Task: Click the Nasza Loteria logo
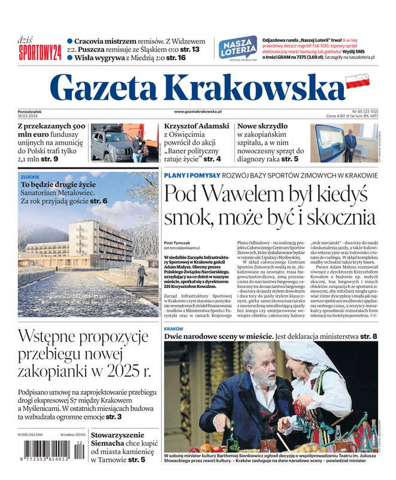238,48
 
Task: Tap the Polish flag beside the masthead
358,82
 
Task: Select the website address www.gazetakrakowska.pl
198,112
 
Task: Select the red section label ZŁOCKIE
30,178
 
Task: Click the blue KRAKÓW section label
173,329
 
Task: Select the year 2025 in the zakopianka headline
117,373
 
